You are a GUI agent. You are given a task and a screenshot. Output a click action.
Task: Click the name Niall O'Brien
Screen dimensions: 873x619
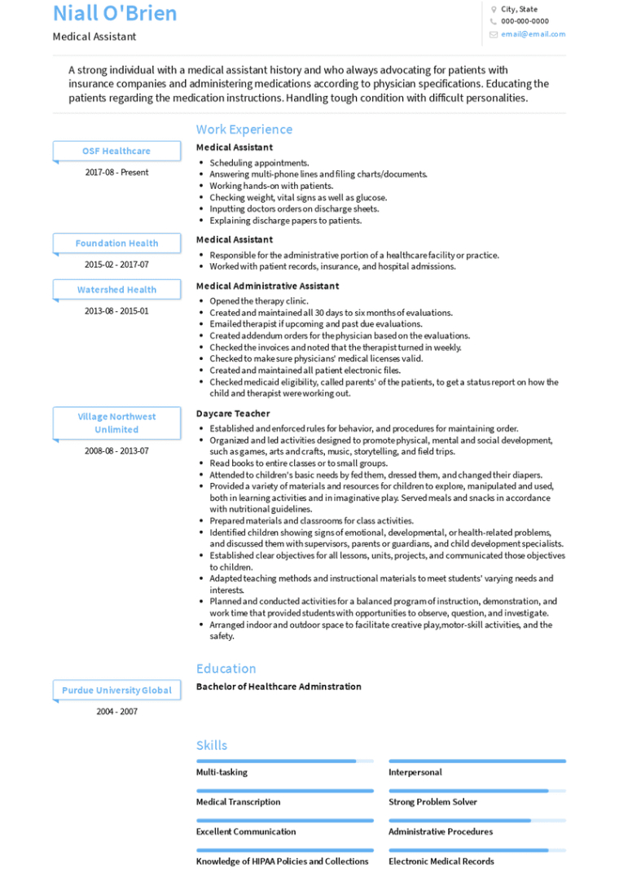coord(115,14)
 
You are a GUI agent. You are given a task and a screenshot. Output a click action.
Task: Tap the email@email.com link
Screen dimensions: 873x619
coord(533,34)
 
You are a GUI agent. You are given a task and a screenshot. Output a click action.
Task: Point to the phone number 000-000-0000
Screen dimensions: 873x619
coord(525,21)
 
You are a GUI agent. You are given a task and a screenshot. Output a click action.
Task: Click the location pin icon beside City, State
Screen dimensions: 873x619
coord(494,10)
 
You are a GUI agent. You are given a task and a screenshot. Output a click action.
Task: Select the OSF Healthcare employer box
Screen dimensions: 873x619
coord(116,151)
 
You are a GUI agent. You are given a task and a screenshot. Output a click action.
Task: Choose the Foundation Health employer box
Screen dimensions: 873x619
coord(116,243)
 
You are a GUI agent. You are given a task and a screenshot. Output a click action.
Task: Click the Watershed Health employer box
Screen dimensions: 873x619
coord(116,290)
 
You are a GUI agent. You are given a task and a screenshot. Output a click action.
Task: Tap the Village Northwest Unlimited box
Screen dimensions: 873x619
coord(116,423)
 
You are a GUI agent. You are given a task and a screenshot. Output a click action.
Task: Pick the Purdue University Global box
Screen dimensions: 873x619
coord(116,691)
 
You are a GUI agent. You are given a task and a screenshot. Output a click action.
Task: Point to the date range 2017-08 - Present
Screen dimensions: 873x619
coord(116,173)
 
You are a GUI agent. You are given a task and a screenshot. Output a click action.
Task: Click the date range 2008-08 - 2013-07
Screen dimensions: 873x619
coord(116,451)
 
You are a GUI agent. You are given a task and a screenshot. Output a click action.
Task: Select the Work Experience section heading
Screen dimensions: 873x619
coord(244,129)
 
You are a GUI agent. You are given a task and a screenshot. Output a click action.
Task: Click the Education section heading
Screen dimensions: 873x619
coord(226,669)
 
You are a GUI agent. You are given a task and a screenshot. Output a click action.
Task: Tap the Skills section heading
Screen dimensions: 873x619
coord(212,745)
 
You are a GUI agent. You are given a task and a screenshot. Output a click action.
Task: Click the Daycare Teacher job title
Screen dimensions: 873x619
coord(233,414)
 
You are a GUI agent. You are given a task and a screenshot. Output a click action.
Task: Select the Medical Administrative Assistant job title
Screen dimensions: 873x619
coord(267,286)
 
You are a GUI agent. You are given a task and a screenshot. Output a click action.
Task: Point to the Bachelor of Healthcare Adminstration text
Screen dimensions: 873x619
coord(279,687)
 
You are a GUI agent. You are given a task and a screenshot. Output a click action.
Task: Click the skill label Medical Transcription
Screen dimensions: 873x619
coord(238,802)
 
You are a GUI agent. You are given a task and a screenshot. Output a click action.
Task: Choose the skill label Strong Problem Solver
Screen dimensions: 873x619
coord(432,802)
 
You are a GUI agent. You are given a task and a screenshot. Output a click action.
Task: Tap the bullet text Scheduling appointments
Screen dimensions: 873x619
coord(259,163)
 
